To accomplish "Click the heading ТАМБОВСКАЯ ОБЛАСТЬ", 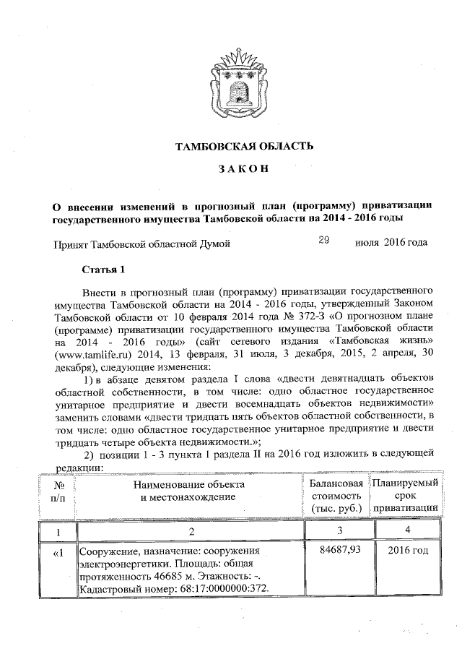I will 245,147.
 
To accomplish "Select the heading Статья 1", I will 103,270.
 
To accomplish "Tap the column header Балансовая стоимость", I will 334,496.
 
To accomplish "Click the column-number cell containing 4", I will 408,532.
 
